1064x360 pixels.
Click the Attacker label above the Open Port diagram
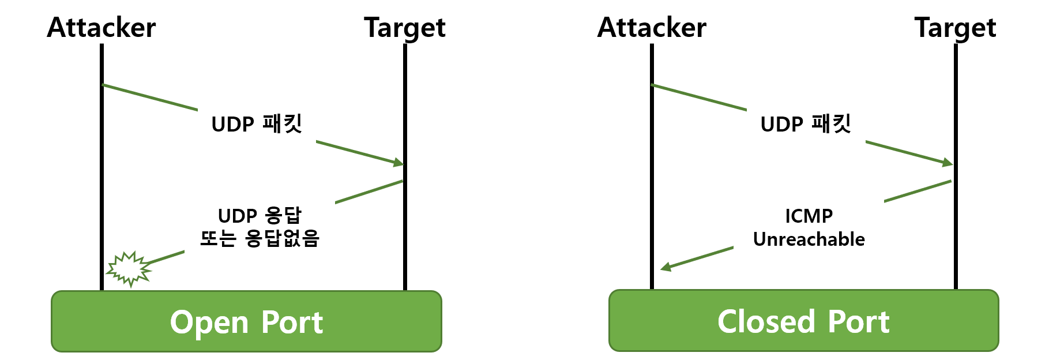(x=101, y=28)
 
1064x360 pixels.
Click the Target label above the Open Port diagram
(x=404, y=28)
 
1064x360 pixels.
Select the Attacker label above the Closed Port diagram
(x=652, y=28)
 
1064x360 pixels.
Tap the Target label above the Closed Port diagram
(x=955, y=28)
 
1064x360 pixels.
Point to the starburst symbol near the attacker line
(x=129, y=268)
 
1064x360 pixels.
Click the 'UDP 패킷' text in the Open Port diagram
(x=257, y=124)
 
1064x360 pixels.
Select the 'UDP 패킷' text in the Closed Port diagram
(x=806, y=124)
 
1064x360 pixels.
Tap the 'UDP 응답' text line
(x=260, y=216)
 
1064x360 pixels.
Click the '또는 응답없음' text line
(x=260, y=238)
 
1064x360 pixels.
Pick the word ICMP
(x=809, y=216)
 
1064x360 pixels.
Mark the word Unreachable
(x=809, y=239)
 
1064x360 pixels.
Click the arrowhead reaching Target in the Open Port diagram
(x=398, y=163)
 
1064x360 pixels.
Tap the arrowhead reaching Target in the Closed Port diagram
(x=948, y=163)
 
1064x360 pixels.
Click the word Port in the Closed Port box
(x=859, y=322)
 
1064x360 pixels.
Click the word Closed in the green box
(x=766, y=322)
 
